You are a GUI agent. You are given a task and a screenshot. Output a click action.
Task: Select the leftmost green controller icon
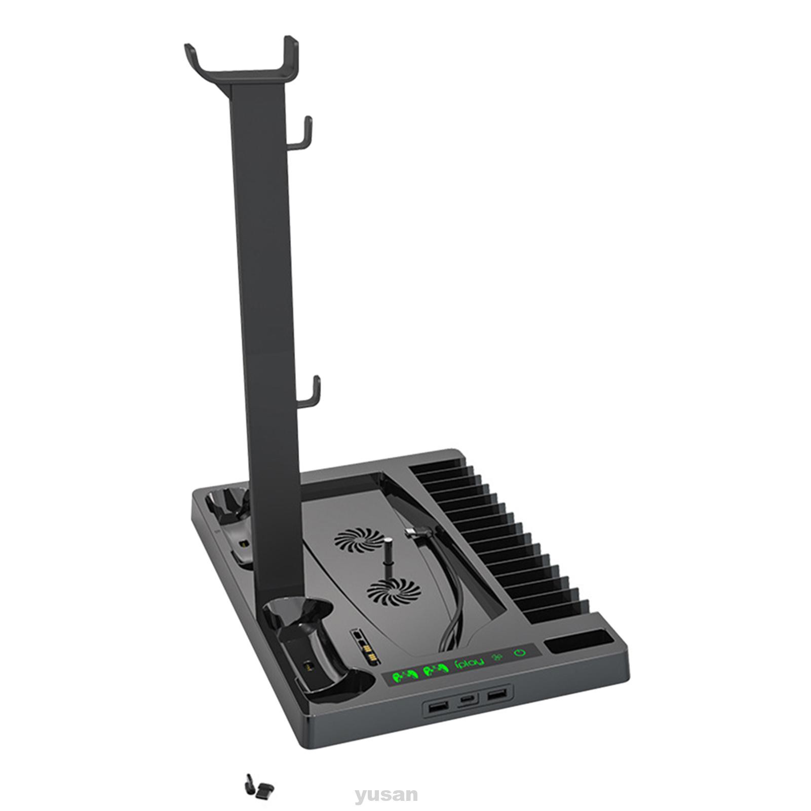pyautogui.click(x=404, y=676)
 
